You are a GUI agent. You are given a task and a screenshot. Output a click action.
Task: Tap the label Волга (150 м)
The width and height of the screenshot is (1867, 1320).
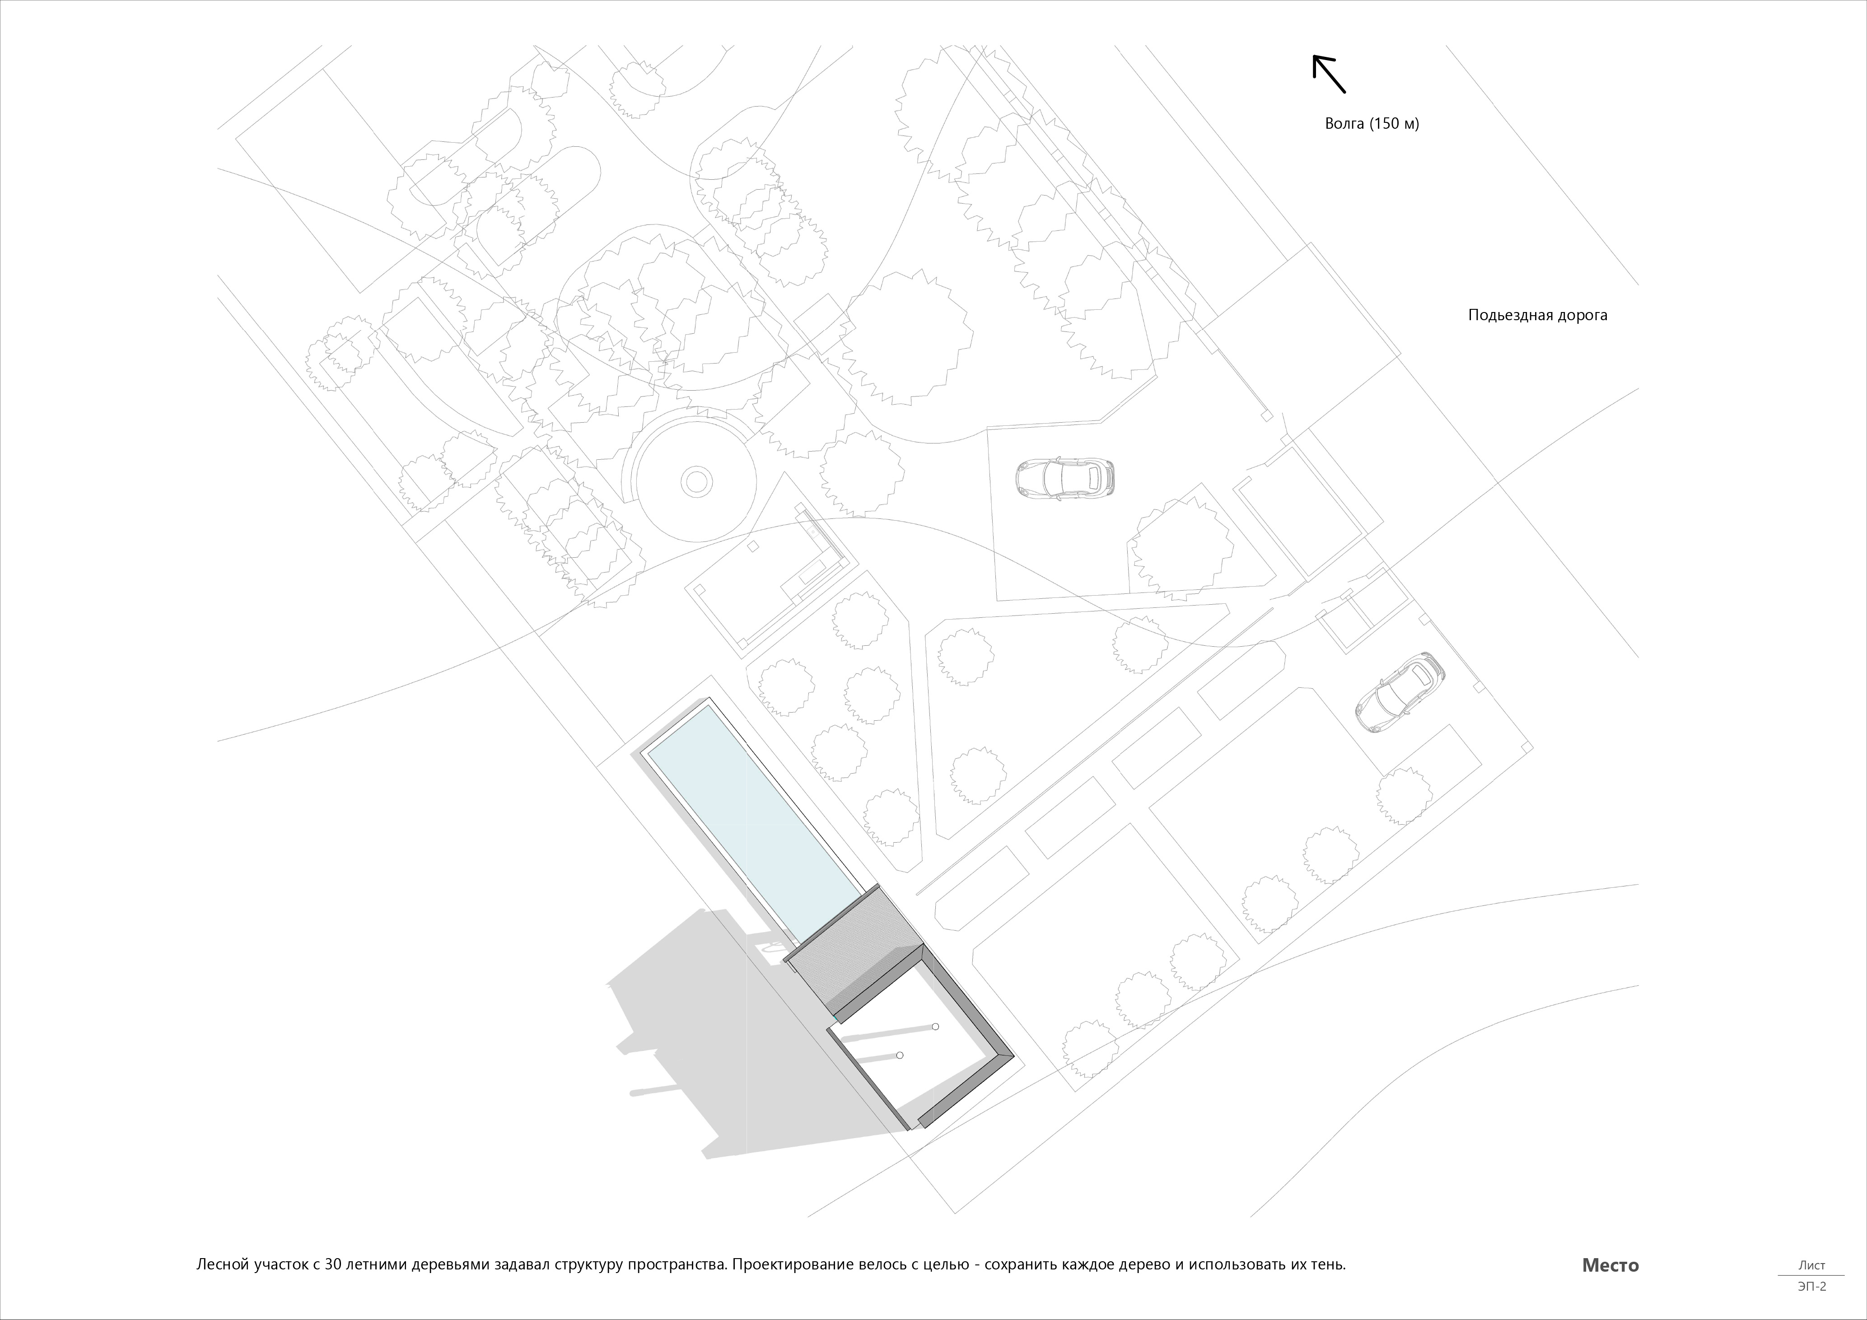(1372, 124)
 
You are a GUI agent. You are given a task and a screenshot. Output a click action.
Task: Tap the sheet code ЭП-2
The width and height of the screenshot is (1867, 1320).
(1812, 1286)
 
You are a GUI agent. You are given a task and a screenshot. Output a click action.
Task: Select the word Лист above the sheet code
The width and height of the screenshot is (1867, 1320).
(1812, 1265)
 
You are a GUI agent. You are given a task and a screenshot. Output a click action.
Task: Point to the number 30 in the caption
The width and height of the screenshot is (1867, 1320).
(332, 1265)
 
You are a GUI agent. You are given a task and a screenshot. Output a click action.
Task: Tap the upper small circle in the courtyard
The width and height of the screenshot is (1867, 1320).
(936, 1027)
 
